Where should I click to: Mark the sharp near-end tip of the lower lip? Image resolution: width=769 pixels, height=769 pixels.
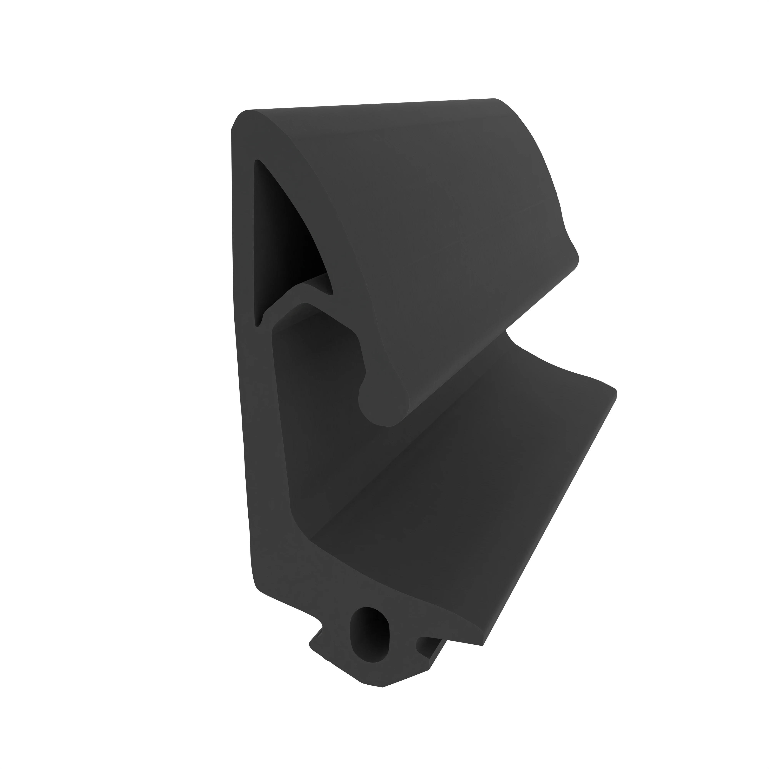pyautogui.click(x=482, y=645)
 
